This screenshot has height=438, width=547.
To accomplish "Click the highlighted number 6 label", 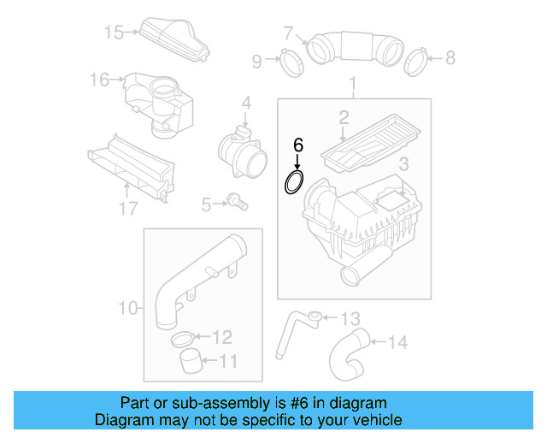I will (297, 145).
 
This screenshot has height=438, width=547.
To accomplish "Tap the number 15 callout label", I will (115, 33).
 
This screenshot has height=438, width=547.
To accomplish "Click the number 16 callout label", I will (100, 80).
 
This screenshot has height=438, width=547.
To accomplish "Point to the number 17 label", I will (127, 209).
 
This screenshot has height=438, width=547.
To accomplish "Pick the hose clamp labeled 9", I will (289, 62).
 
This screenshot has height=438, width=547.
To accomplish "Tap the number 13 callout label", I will (350, 319).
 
